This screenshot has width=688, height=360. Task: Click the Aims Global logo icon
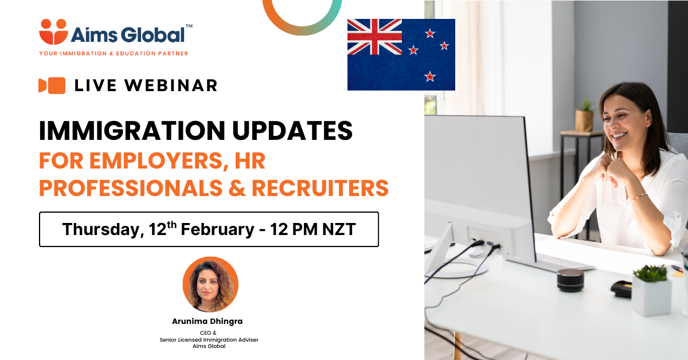tap(53, 32)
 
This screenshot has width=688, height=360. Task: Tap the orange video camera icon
tap(52, 85)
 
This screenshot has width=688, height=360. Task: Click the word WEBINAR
tap(171, 85)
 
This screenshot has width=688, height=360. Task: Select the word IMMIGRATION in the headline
tap(132, 131)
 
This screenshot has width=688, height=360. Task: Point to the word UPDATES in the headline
tap(292, 131)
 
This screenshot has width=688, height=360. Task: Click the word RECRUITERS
tap(320, 188)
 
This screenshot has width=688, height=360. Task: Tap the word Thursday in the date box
tap(103, 229)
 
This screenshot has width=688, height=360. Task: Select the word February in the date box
tap(217, 229)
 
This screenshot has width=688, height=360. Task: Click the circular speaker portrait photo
tap(210, 284)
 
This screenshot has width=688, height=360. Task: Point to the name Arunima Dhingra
tap(208, 321)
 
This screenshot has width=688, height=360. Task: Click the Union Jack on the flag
tap(374, 37)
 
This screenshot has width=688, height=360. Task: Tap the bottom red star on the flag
tap(430, 76)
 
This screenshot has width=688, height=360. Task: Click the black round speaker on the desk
tap(570, 280)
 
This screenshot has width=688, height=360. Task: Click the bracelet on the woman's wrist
tap(639, 197)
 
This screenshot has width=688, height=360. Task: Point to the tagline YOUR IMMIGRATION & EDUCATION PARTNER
tap(114, 53)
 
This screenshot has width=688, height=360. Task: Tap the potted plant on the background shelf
tap(584, 115)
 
